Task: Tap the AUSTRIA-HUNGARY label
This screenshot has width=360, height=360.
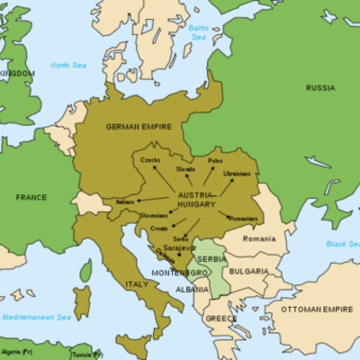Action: [x=197, y=200]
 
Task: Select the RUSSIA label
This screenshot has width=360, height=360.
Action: [x=319, y=87]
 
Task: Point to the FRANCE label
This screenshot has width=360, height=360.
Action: [x=31, y=195]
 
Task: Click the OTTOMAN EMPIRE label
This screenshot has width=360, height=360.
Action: [x=316, y=310]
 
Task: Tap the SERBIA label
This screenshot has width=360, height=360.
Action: [x=212, y=258]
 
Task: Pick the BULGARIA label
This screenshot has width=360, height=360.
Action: [x=248, y=271]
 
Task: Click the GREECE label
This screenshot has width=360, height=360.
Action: [x=220, y=318]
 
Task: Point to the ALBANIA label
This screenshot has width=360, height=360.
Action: [x=191, y=290]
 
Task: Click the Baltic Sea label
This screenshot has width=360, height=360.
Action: [x=198, y=32]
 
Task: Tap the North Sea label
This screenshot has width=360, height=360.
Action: [x=67, y=66]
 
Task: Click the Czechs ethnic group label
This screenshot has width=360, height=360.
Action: [x=150, y=159]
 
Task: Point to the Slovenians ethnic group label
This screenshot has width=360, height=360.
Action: [x=156, y=216]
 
